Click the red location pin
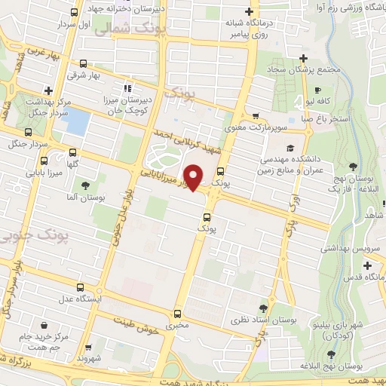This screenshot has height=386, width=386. click(x=193, y=177)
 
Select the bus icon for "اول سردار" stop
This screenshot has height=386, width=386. click(x=73, y=13)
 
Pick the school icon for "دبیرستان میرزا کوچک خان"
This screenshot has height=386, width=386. click(x=127, y=87)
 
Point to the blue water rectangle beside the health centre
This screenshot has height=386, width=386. click(x=75, y=120)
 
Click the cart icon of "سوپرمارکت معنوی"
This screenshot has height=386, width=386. click(x=257, y=117)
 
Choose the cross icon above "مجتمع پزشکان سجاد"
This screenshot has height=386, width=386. click(x=303, y=59)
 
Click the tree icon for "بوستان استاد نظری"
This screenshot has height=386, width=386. click(x=263, y=308)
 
